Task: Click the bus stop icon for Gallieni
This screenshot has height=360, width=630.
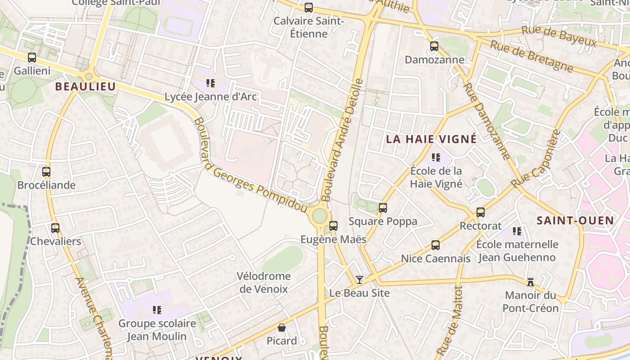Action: pos(32,58)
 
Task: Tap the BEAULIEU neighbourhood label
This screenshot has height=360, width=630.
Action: pos(85,86)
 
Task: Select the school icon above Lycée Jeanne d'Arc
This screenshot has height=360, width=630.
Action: pos(210,83)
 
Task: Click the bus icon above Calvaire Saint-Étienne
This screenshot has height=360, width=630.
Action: pos(309,7)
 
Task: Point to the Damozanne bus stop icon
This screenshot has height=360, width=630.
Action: pos(434,46)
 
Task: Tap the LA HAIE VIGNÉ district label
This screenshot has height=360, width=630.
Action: pos(431,139)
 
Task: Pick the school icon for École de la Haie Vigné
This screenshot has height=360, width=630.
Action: pos(436,157)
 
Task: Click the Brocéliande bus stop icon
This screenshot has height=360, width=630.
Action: pos(46,172)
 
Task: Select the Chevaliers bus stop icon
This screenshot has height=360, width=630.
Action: pos(55,228)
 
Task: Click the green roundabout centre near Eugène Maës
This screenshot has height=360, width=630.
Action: pos(319,216)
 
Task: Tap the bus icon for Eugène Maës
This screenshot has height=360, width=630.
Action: pos(333,226)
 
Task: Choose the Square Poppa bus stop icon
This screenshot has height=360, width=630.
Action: pos(383,208)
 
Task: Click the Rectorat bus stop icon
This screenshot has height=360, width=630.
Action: pos(481,212)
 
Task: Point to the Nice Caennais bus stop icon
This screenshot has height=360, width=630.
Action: pos(436,245)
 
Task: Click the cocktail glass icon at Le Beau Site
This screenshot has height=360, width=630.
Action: pos(359,280)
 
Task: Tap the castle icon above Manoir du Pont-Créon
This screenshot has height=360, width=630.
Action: pos(531,282)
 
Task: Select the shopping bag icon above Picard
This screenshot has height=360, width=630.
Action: pos(282,328)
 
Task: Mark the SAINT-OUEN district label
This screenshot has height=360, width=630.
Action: pos(575,220)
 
